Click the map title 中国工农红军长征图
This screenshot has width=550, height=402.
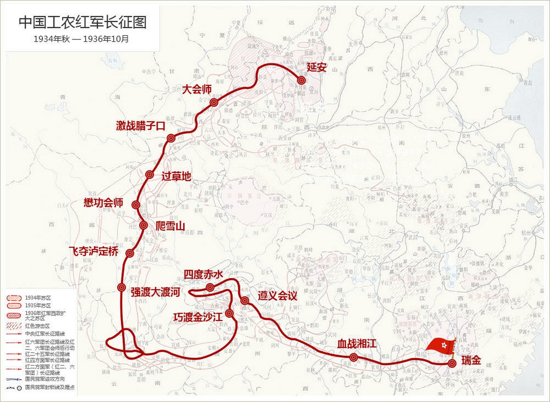click(x=83, y=23)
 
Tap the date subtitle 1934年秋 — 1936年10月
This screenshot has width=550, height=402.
click(x=81, y=39)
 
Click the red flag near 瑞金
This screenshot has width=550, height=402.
click(x=441, y=346)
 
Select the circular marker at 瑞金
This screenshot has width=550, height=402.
click(x=452, y=364)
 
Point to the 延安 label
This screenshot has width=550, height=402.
click(x=317, y=67)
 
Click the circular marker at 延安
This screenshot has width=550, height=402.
click(x=302, y=80)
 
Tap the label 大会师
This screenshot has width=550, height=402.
click(x=197, y=90)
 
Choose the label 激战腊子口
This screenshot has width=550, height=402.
click(x=141, y=126)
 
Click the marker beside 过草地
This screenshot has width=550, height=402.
click(x=150, y=175)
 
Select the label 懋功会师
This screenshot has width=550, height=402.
click(x=103, y=203)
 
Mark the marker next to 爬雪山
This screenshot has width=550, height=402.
click(x=143, y=225)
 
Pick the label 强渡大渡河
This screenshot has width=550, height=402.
click(x=155, y=292)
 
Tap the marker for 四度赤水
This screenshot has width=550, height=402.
click(x=210, y=287)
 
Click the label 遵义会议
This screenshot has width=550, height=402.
click(x=277, y=296)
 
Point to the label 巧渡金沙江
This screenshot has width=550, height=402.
click(x=198, y=317)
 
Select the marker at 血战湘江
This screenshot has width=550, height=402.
click(x=354, y=357)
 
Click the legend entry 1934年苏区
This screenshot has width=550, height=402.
click(x=38, y=298)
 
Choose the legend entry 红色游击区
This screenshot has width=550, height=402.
click(x=37, y=326)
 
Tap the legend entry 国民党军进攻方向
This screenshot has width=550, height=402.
click(x=45, y=379)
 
